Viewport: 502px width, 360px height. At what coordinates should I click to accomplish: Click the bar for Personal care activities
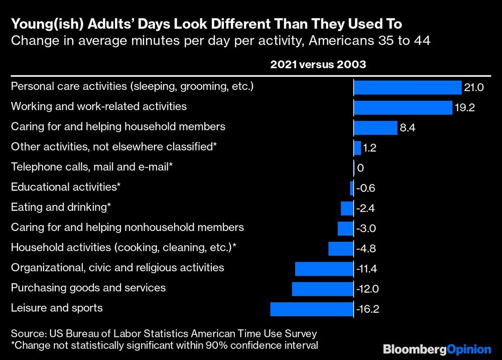click(x=407, y=88)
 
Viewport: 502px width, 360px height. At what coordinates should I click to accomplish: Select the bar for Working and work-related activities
click(x=403, y=108)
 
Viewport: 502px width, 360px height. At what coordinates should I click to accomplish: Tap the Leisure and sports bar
click(x=312, y=309)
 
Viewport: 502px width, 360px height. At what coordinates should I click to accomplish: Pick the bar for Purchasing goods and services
click(x=323, y=289)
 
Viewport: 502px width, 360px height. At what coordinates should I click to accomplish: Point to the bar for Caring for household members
click(x=375, y=128)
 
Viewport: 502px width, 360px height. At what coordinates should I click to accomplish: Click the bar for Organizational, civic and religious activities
click(x=324, y=269)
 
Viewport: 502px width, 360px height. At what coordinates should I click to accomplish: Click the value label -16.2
click(x=367, y=309)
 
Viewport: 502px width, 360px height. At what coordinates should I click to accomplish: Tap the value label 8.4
click(x=407, y=129)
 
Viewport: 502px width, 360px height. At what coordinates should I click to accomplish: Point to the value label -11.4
click(x=366, y=269)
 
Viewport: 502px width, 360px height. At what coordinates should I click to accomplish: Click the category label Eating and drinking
click(x=61, y=207)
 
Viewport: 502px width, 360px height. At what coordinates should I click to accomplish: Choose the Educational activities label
click(x=66, y=187)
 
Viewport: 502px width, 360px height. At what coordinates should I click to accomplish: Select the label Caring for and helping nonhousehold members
click(x=127, y=227)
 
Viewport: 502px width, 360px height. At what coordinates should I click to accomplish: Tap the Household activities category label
click(x=123, y=247)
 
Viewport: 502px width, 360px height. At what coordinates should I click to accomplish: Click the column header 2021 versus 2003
click(x=318, y=65)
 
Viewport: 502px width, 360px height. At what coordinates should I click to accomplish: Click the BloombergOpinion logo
click(x=437, y=348)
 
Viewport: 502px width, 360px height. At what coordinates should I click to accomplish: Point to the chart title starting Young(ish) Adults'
click(x=206, y=24)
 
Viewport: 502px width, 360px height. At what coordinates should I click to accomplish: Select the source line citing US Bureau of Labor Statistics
click(x=164, y=333)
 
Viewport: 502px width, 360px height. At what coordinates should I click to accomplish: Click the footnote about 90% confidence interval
click(x=164, y=345)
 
